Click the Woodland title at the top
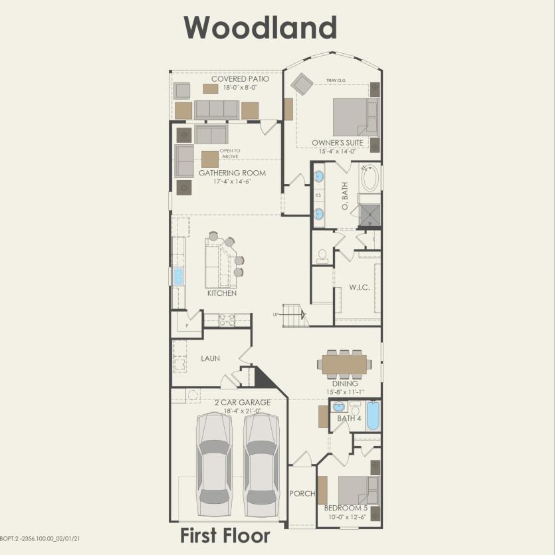[x=260, y=28]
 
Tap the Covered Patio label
[x=241, y=79]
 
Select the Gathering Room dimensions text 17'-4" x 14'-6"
[x=232, y=181]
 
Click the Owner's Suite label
[x=337, y=143]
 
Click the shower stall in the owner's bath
[x=370, y=215]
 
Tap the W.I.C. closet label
[x=360, y=287]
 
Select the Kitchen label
[x=222, y=293]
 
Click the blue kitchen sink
[x=177, y=277]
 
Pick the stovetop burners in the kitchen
[x=227, y=320]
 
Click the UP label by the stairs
[x=276, y=314]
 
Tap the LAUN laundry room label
[x=210, y=358]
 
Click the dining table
[x=344, y=364]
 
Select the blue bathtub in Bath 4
[x=373, y=415]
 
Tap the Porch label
[x=302, y=493]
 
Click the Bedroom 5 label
[x=346, y=508]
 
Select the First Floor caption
[x=225, y=536]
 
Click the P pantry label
[x=187, y=326]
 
